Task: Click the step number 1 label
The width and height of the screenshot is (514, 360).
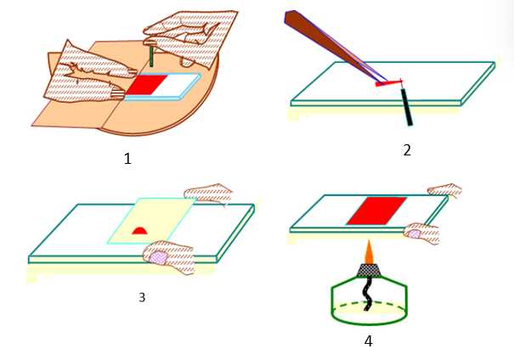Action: [127, 159]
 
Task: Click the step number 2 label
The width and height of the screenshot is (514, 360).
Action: [407, 150]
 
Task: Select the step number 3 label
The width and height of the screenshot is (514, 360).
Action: [142, 297]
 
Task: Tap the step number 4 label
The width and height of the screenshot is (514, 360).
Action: [369, 341]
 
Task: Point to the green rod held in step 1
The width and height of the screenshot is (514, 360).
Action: [151, 56]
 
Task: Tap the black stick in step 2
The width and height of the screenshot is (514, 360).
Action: [407, 107]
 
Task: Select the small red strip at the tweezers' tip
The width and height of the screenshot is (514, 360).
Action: [389, 83]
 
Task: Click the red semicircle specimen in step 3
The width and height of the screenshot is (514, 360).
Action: [139, 231]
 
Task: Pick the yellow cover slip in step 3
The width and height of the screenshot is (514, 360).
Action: [152, 221]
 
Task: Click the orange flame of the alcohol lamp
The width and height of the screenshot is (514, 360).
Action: [369, 252]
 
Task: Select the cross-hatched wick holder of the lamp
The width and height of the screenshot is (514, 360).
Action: [369, 271]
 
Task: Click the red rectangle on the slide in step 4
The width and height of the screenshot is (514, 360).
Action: [376, 211]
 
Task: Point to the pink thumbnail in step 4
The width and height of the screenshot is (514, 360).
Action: [415, 233]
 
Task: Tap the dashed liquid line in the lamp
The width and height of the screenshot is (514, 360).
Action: [369, 306]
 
